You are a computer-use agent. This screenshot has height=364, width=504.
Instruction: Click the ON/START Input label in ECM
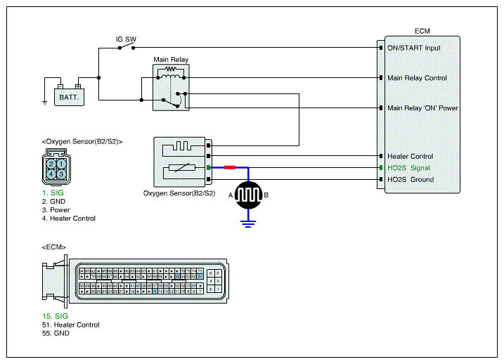414,48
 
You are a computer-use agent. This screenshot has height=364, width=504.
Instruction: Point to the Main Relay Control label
417,78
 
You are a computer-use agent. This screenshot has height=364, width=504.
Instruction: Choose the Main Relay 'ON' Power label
422,108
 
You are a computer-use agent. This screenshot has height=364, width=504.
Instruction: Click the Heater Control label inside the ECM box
411,156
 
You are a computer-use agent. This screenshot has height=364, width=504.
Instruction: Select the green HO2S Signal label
408,168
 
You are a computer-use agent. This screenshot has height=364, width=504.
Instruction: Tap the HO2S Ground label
411,179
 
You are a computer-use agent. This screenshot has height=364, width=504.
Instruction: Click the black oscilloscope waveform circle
247,194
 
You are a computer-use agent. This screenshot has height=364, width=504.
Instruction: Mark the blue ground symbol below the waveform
247,223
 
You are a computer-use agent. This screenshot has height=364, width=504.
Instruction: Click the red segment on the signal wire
230,168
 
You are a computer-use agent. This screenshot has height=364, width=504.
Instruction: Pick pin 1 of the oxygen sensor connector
62,163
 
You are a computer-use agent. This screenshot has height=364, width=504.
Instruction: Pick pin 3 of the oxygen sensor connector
62,173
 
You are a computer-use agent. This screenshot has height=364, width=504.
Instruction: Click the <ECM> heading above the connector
54,247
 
